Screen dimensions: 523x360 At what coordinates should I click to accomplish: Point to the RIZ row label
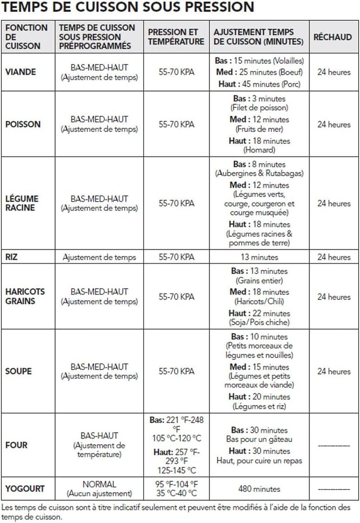click(x=11, y=257)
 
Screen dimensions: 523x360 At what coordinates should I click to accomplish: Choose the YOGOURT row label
click(x=25, y=489)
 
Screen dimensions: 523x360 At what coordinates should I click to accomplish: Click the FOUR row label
click(x=16, y=445)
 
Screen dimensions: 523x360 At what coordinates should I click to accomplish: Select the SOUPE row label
click(x=18, y=371)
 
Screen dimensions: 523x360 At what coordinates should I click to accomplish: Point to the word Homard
click(x=259, y=150)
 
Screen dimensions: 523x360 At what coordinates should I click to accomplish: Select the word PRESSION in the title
click(x=217, y=8)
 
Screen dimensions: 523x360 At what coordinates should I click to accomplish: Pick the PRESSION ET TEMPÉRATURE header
click(x=176, y=37)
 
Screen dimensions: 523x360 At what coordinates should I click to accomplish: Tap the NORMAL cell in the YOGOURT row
click(x=99, y=484)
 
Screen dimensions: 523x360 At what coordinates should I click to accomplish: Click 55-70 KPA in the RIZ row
click(x=176, y=257)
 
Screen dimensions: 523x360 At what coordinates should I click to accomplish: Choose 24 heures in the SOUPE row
click(x=333, y=371)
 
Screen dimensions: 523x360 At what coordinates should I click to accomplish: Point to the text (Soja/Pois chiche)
click(x=259, y=322)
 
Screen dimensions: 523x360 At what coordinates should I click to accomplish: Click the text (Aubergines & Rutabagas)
click(x=259, y=173)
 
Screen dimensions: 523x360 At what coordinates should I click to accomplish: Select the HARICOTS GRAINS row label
click(x=25, y=296)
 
